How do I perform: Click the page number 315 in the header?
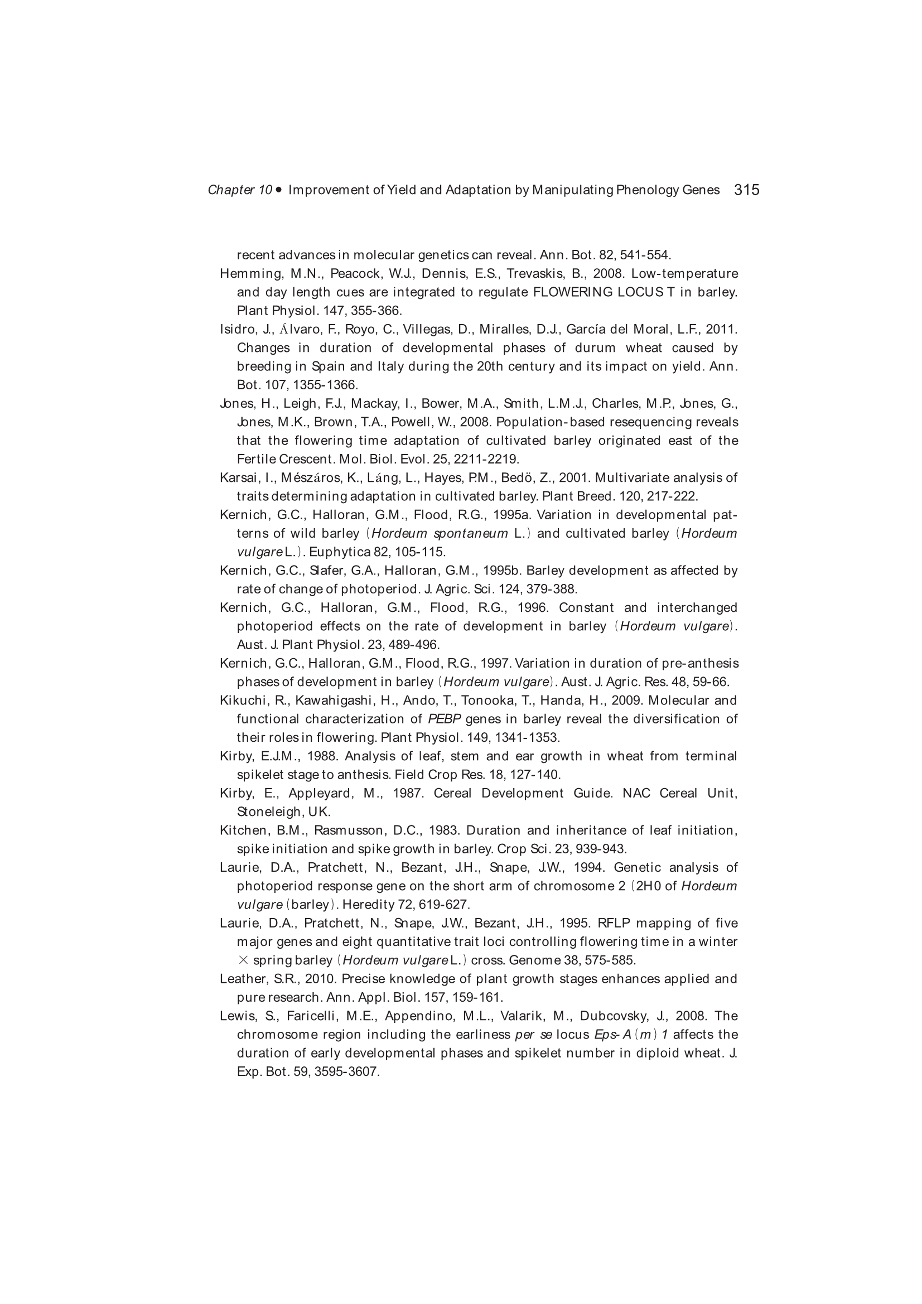coord(746,190)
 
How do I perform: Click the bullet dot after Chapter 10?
coord(278,190)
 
